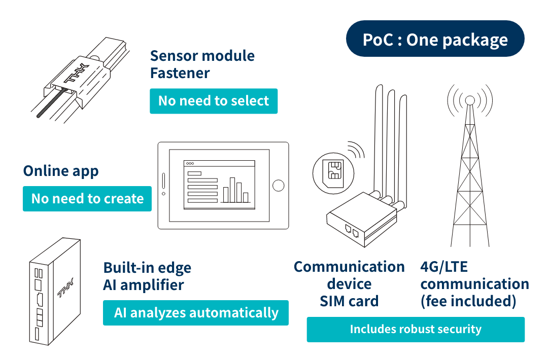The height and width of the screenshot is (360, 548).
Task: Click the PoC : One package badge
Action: click(435, 39)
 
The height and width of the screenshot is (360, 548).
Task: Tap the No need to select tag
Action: click(213, 101)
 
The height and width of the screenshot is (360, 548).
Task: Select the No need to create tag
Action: click(87, 198)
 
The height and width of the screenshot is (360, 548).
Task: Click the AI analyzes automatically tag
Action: click(196, 312)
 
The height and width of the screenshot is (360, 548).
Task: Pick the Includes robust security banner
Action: click(415, 329)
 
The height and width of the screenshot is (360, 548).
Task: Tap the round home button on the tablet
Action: click(278, 186)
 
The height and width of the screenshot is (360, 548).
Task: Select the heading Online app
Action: click(61, 171)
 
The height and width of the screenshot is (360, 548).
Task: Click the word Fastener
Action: click(180, 73)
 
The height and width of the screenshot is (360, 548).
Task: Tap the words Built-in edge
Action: click(147, 267)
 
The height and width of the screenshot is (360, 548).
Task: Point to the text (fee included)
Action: click(468, 301)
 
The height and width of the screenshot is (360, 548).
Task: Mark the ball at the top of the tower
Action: click(470, 100)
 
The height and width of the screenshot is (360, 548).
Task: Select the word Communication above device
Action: click(349, 267)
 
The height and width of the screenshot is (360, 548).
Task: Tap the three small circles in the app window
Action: click(190, 164)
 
